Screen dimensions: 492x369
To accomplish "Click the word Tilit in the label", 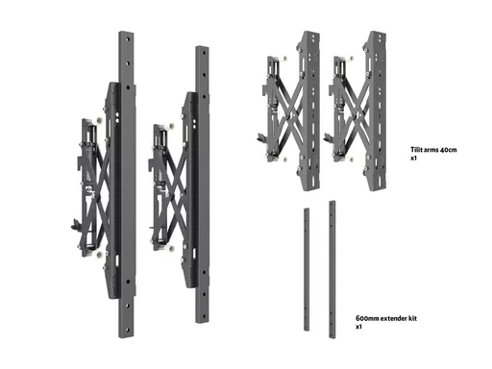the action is click(416, 150).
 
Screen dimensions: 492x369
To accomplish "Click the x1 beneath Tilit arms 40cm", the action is click(413, 158).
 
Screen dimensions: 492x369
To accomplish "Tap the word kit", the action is click(413, 318).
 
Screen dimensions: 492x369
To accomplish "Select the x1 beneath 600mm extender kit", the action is click(358, 327).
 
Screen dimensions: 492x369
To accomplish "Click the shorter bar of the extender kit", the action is click(307, 269).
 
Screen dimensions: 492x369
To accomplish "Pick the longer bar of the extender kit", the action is click(332, 269).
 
